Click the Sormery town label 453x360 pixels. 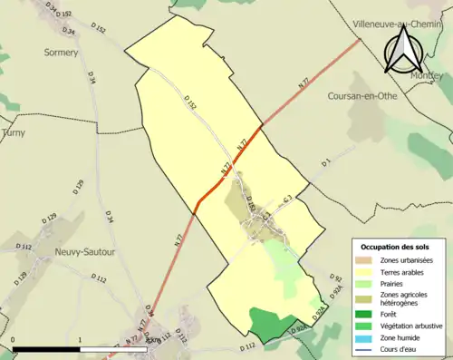point(62,53)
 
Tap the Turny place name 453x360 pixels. point(14,132)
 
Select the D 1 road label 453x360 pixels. point(325,162)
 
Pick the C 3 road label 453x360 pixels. point(286,199)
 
